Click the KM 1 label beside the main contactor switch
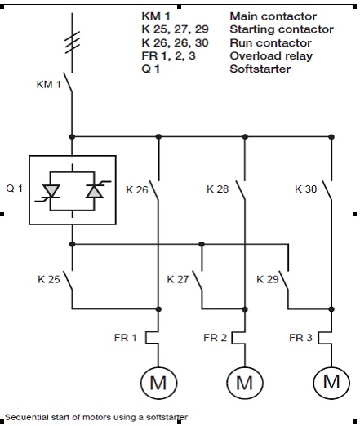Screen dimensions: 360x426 tap(49, 84)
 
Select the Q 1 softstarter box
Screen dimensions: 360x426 tap(29, 190)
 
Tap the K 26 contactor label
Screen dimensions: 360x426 tap(137, 189)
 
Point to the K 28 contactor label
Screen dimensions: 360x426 tap(217, 189)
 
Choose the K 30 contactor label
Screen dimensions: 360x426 tap(305, 189)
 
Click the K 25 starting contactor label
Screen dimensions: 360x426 tap(49, 279)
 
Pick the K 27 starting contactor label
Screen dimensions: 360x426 tap(178, 279)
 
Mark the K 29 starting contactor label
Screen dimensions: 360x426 tap(268, 279)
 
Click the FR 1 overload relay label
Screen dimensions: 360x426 tap(126, 338)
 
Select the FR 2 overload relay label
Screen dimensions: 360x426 tap(215, 338)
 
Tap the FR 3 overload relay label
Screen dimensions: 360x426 tap(300, 338)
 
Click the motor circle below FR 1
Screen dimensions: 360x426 tap(140, 383)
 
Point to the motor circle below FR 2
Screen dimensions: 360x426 tap(227, 383)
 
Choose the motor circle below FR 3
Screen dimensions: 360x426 tap(313, 383)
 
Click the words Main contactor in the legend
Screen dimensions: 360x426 tap(273, 16)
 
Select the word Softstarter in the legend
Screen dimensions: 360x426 tap(260, 69)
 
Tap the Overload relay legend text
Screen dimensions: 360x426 tap(271, 56)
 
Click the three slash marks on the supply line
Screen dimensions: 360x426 tap(72, 42)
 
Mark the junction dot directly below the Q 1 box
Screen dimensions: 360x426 tap(72, 244)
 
